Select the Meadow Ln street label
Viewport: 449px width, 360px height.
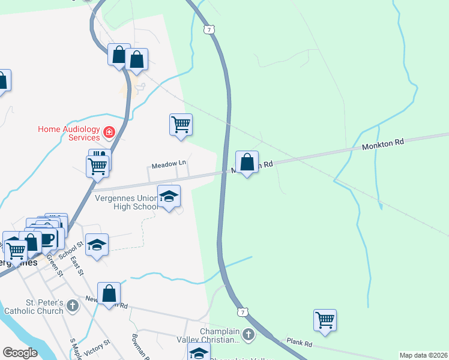click(169, 164)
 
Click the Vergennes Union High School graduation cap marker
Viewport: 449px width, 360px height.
click(169, 196)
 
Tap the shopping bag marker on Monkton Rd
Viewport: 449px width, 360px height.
click(247, 161)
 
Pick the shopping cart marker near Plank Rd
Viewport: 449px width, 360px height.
click(325, 320)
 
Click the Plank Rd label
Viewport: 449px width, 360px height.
click(299, 344)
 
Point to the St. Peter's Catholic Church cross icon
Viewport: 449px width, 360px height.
click(73, 306)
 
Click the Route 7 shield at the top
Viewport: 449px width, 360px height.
click(208, 29)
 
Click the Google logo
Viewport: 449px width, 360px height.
click(20, 353)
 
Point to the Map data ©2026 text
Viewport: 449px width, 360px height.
click(423, 355)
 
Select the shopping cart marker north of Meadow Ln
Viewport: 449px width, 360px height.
click(181, 125)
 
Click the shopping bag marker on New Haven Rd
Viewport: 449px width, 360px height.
click(109, 294)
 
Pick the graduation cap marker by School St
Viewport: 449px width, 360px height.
click(97, 245)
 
